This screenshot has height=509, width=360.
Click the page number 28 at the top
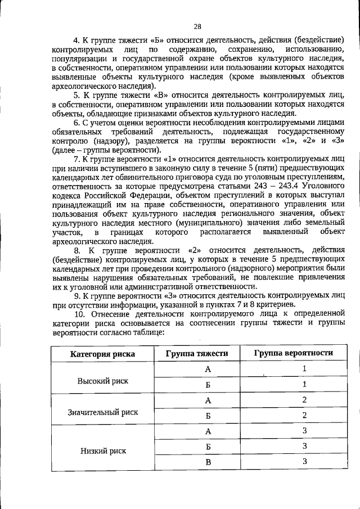pyautogui.click(x=197, y=26)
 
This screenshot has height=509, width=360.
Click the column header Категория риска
pyautogui.click(x=102, y=353)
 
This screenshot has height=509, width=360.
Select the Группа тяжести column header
pyautogui.click(x=197, y=353)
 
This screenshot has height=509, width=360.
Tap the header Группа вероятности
pyautogui.click(x=292, y=353)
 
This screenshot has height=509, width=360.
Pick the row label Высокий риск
pyautogui.click(x=102, y=381)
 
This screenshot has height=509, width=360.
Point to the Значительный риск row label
pyautogui.click(x=102, y=412)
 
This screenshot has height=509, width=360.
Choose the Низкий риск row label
pyautogui.click(x=102, y=451)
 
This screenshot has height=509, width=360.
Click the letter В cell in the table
pyautogui.click(x=208, y=462)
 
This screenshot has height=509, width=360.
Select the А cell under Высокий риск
pyautogui.click(x=208, y=369)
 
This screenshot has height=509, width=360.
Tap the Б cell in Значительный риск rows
pyautogui.click(x=208, y=416)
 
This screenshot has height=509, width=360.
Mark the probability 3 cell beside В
pyautogui.click(x=304, y=462)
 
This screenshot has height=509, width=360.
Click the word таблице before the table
pyautogui.click(x=145, y=332)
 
